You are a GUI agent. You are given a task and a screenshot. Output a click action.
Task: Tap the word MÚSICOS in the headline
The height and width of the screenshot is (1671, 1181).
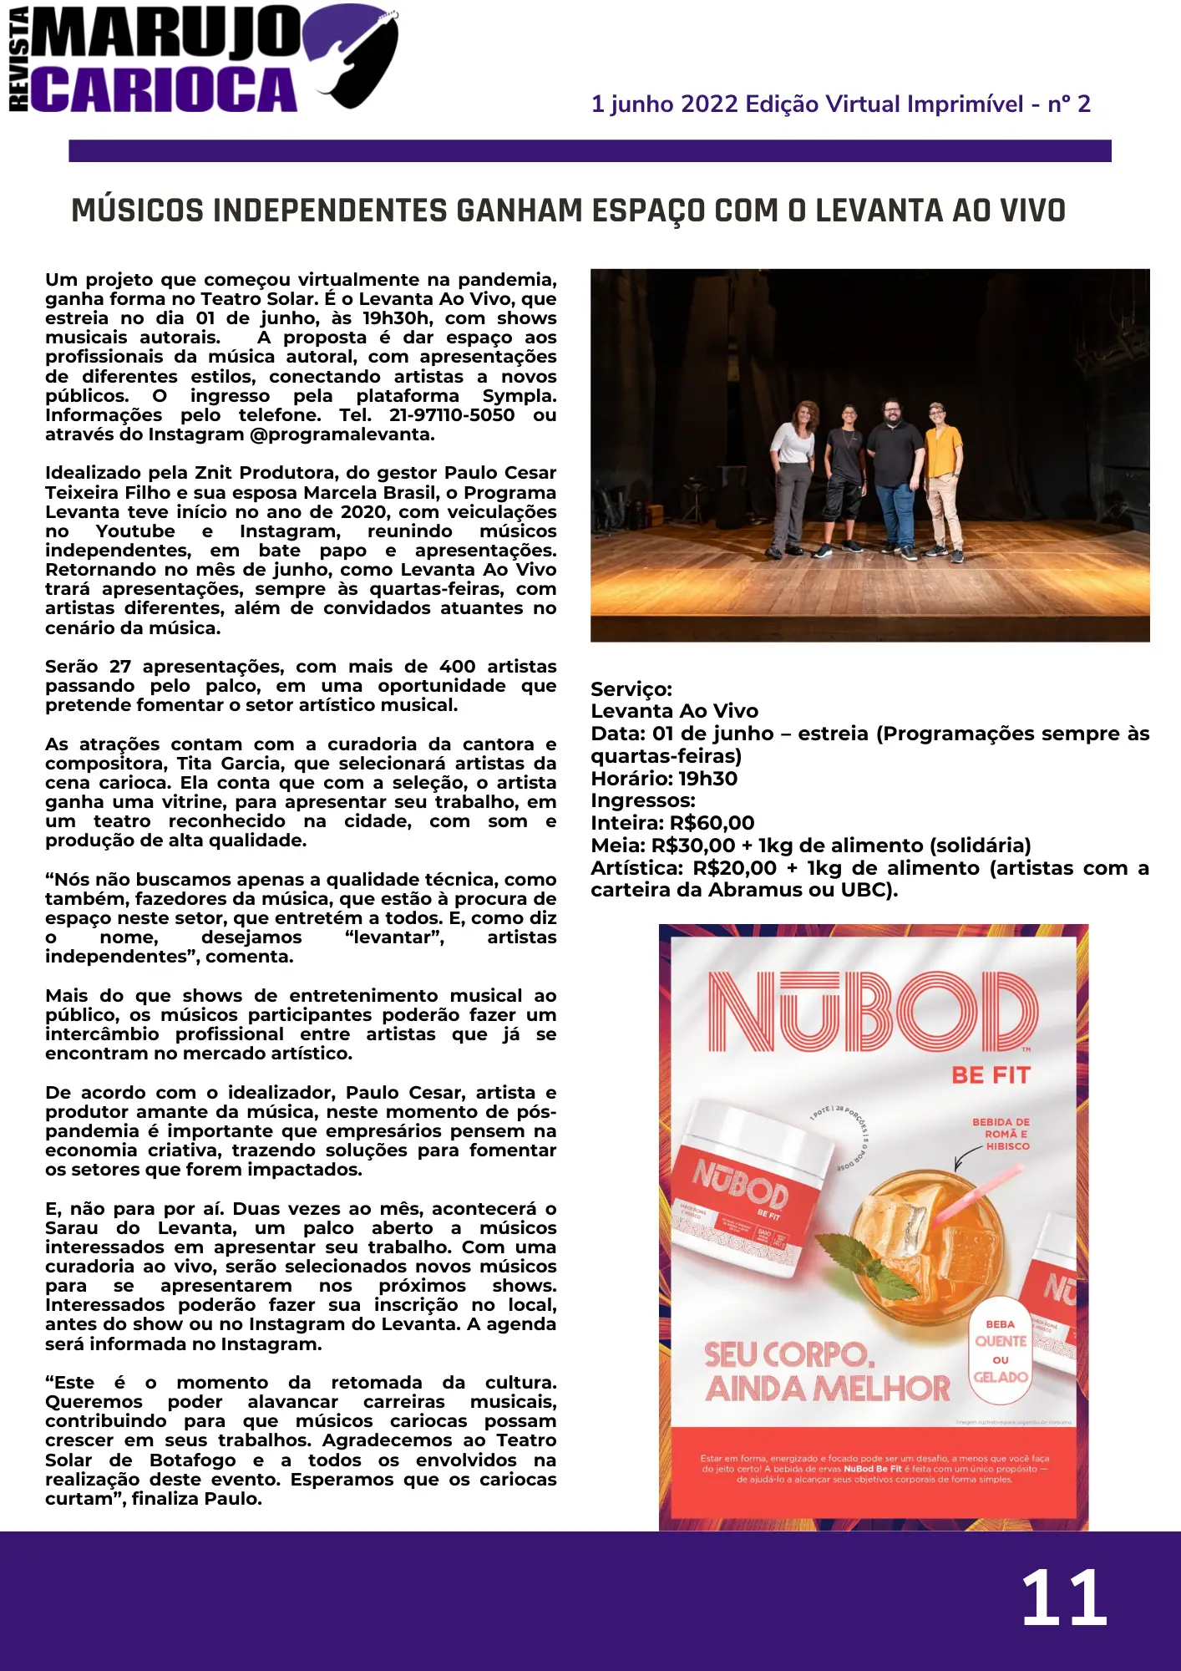click(x=137, y=211)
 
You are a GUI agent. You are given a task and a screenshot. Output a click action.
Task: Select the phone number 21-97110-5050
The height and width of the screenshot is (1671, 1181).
click(x=452, y=415)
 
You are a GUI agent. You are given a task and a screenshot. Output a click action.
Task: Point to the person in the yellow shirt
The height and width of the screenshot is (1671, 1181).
click(x=944, y=476)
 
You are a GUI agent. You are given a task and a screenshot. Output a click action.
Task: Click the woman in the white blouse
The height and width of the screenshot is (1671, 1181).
click(x=791, y=476)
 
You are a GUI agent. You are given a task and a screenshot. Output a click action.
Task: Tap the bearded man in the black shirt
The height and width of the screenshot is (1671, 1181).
click(x=895, y=476)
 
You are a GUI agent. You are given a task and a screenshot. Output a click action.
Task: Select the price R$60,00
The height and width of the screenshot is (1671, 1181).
click(x=712, y=823)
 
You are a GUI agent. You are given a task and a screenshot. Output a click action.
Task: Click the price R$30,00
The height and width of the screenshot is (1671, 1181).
click(x=693, y=846)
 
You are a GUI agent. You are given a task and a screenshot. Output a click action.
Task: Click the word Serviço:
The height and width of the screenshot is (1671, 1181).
click(x=631, y=689)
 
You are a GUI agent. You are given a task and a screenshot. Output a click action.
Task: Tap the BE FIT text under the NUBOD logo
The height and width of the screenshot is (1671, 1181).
click(x=991, y=1075)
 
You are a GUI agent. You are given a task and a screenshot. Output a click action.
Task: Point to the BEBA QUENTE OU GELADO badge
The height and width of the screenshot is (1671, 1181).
click(x=1001, y=1350)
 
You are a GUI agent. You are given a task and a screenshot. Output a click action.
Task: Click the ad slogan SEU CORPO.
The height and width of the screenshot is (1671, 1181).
click(x=789, y=1354)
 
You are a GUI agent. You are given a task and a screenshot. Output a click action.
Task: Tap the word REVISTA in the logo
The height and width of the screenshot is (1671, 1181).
click(x=18, y=58)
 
